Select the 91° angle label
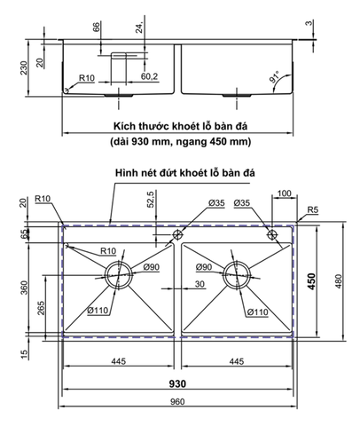pos(277,77)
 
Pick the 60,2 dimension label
pos(150,77)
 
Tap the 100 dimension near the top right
pos(284,193)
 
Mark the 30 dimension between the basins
pos(200,284)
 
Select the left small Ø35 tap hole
pos(178,236)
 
